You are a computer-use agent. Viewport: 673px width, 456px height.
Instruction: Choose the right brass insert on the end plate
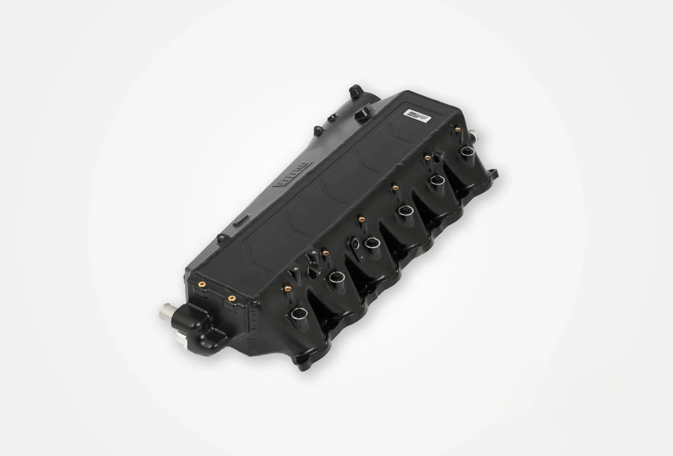pyautogui.click(x=231, y=298)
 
